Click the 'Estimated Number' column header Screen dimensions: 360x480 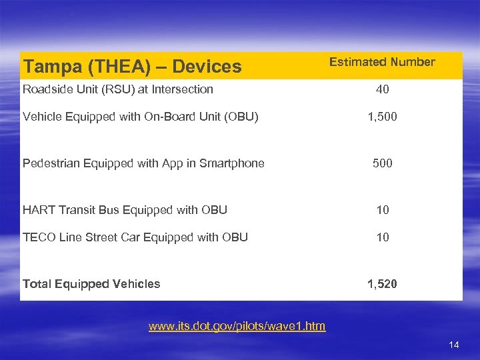coord(382,62)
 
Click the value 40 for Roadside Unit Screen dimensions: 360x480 coord(382,89)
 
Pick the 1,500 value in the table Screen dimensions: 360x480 coord(382,117)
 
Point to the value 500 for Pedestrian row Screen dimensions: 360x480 coord(382,163)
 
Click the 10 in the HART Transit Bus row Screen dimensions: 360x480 coord(382,210)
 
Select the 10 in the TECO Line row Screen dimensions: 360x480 coord(382,237)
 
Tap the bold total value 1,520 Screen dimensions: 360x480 coord(382,284)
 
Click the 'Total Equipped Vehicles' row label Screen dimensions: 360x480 coord(91,284)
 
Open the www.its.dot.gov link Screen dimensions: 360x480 coord(237,326)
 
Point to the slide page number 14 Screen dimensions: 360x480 coord(454,345)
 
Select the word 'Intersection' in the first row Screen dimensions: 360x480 coord(182,89)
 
